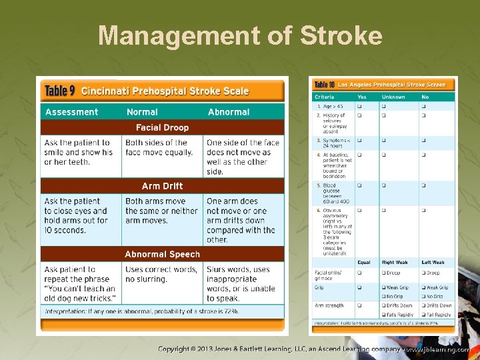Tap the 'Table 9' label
point(60,91)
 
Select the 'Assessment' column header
point(71,112)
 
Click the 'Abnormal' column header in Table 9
point(229,112)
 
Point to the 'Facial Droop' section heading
point(162,127)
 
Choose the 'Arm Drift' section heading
point(162,186)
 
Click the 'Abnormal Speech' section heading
point(162,254)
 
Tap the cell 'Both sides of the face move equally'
point(159,147)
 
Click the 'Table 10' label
point(324,85)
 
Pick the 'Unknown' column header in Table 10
point(393,97)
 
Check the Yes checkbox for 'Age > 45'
point(359,106)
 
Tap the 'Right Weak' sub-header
point(394,262)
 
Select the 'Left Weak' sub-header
point(433,262)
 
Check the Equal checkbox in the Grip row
point(359,288)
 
